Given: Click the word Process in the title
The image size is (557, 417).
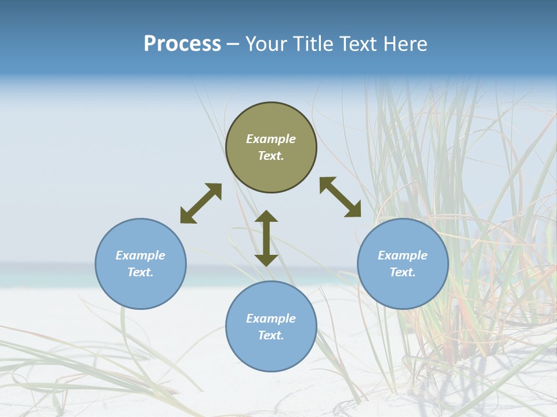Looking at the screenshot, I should point(182,44).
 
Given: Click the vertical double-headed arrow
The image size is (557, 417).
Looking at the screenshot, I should point(266,238).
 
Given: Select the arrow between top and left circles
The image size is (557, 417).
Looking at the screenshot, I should point(201,203).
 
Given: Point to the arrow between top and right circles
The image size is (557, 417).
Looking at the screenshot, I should point(341,197).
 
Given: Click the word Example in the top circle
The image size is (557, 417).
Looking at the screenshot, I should point(271,139).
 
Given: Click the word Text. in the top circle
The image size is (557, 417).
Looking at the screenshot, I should point(271,156).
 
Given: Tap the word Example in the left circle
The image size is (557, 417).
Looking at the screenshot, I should point(140,255).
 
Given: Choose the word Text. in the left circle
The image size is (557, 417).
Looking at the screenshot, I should point(140,272).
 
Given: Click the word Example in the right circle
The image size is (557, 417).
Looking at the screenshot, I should point(403,255).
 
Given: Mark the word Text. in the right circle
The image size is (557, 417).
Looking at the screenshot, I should point(403,272).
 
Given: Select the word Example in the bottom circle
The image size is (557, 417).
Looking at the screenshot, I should point(271,319).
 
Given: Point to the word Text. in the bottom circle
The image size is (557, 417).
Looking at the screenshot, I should point(271,335).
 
